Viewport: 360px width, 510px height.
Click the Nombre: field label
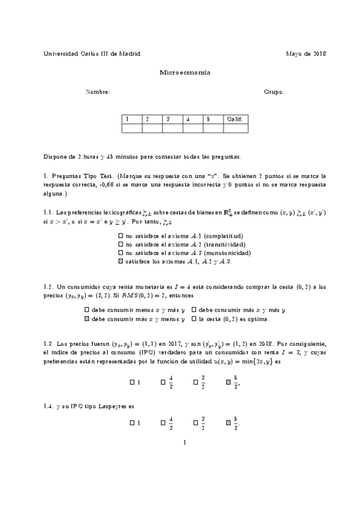coord(98,92)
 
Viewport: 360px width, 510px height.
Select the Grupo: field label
coord(273,92)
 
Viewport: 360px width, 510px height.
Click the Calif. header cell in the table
coord(234,119)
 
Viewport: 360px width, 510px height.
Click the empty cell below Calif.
coord(236,127)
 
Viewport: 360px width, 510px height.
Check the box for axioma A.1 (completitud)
coord(121,236)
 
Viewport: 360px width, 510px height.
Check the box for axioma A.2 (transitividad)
coord(121,245)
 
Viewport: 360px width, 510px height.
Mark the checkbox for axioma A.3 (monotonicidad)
coord(121,253)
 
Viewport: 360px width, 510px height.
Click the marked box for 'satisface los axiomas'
coord(121,262)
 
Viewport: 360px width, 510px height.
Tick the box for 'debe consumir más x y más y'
coord(194,310)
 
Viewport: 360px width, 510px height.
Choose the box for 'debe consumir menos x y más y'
coord(87,310)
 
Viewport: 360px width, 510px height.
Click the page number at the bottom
coord(186,443)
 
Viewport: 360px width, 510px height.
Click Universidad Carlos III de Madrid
coord(92,54)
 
